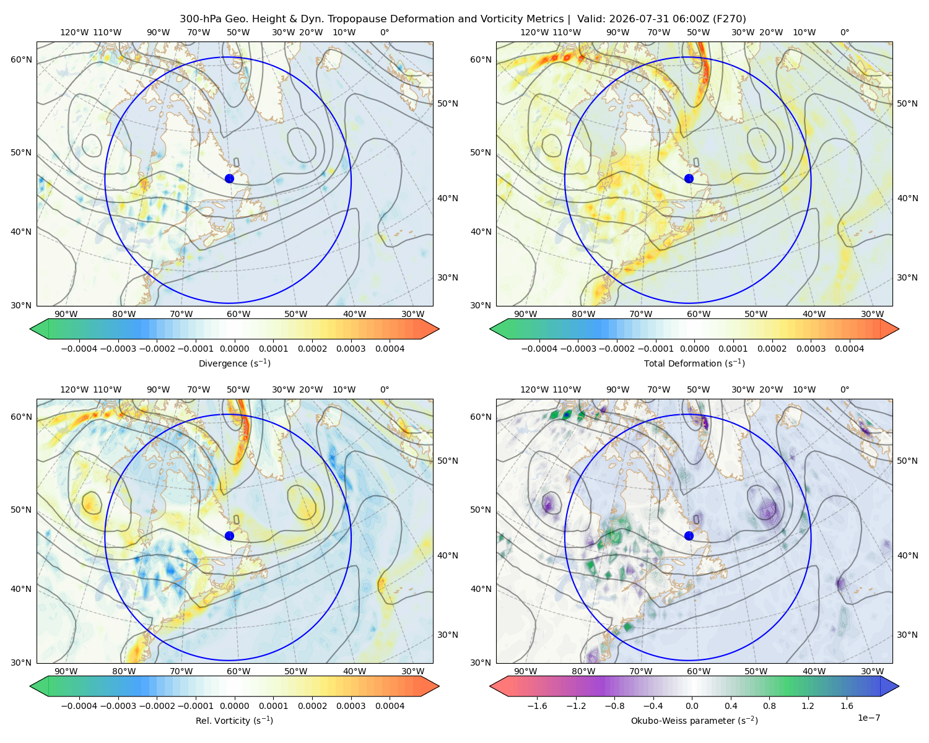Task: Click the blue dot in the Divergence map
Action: tap(229, 178)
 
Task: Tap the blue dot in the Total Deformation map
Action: tap(689, 178)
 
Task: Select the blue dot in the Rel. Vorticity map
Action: tap(229, 536)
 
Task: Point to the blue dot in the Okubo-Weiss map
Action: tap(689, 536)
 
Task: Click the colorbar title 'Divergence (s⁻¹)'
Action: tap(234, 363)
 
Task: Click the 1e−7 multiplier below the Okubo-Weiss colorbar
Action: tap(868, 718)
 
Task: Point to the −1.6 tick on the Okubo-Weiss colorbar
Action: tap(537, 706)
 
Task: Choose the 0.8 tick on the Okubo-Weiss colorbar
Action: tap(769, 706)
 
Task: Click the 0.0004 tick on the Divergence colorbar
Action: tap(390, 349)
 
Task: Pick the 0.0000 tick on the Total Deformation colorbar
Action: tap(695, 349)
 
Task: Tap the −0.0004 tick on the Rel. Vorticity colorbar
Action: tap(79, 706)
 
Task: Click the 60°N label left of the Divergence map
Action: tap(21, 59)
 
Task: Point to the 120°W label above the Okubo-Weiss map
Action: tap(534, 389)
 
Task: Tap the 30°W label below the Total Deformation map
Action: tap(872, 314)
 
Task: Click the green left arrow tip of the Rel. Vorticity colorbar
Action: tap(30, 686)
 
